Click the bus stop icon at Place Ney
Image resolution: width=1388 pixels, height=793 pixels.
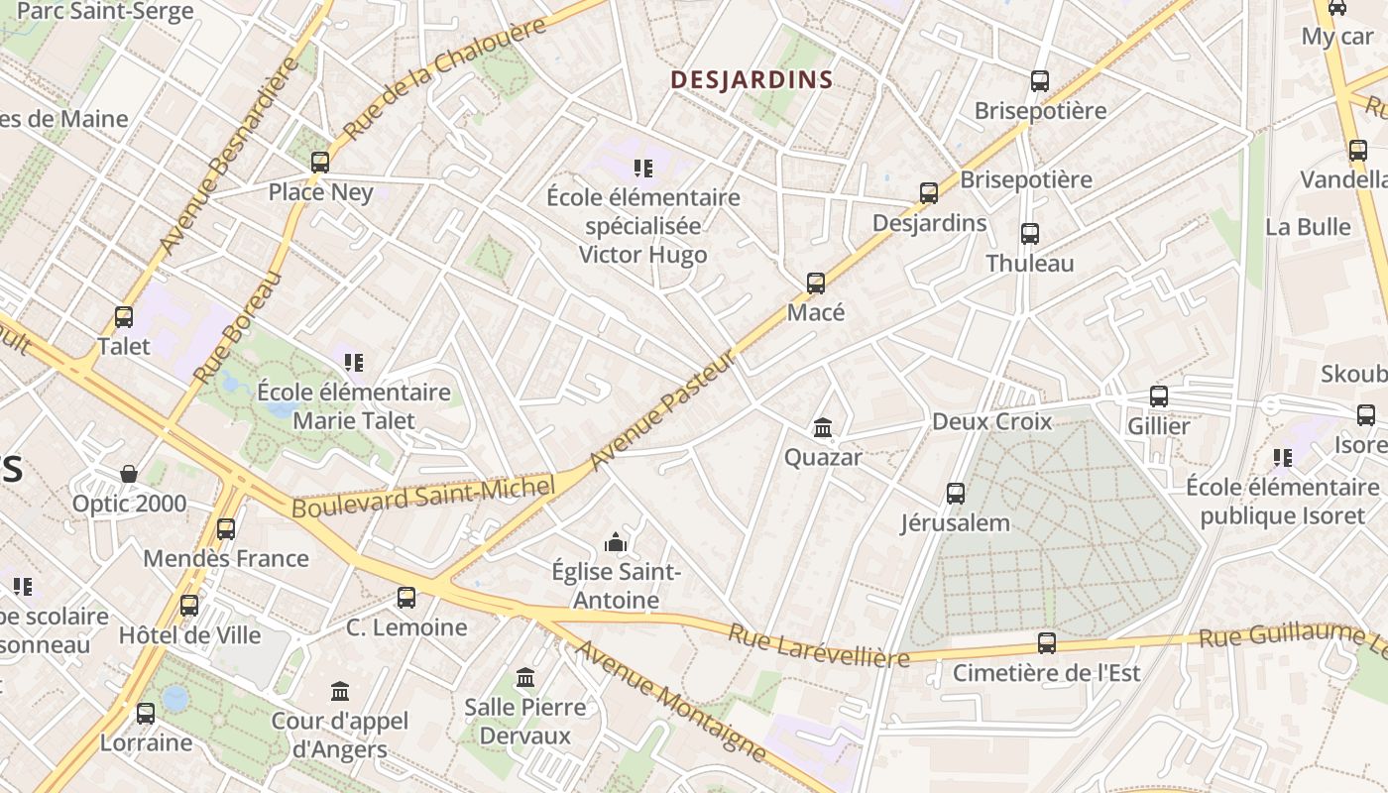click(x=319, y=163)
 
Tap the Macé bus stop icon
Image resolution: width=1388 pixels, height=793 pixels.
click(x=816, y=283)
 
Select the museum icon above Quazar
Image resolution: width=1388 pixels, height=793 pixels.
click(x=822, y=428)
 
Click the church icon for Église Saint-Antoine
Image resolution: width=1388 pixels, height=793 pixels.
click(x=616, y=543)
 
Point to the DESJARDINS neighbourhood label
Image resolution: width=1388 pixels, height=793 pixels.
click(x=752, y=80)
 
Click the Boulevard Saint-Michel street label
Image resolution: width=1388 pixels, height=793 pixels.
click(x=421, y=496)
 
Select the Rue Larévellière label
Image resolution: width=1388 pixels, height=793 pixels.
click(x=819, y=646)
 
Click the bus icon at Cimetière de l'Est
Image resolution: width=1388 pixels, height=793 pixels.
click(x=1046, y=643)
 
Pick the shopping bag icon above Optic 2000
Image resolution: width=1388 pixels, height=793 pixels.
click(x=129, y=474)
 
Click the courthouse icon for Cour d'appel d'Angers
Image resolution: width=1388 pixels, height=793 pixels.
click(x=340, y=691)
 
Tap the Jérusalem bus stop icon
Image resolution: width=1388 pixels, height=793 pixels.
click(x=955, y=494)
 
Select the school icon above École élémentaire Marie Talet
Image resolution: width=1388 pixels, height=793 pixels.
click(x=353, y=363)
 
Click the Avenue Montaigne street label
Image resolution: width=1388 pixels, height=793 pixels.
click(x=671, y=702)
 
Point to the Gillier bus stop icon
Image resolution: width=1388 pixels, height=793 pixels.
click(x=1158, y=396)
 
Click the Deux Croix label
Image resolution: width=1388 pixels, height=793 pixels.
click(x=991, y=421)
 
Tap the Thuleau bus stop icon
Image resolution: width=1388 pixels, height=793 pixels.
click(x=1030, y=234)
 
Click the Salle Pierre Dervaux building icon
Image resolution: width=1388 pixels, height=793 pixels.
click(x=525, y=678)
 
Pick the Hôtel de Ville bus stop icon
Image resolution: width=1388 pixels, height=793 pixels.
click(x=189, y=605)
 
